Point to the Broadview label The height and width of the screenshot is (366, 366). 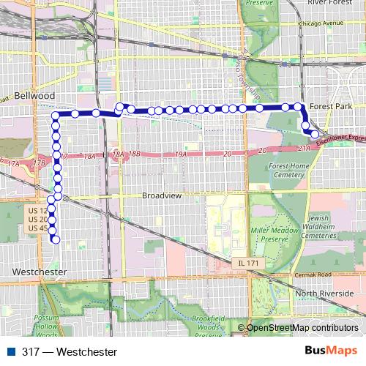(x=163, y=196)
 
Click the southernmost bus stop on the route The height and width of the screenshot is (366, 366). (x=55, y=239)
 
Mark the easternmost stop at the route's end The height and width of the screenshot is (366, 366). (x=315, y=134)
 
